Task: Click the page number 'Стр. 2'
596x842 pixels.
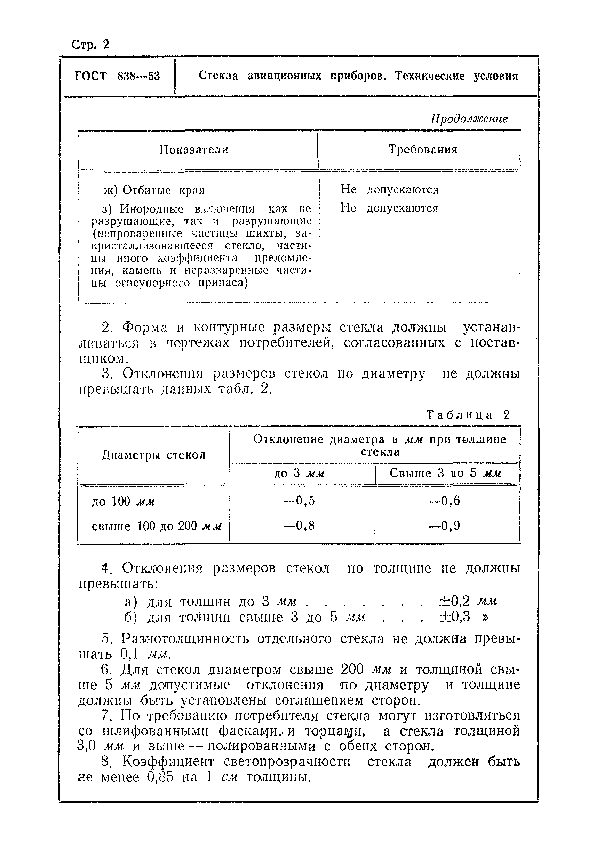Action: point(90,45)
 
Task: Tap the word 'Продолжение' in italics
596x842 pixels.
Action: point(469,119)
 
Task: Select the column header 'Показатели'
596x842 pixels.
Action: point(194,150)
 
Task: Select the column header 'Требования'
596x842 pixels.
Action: point(423,149)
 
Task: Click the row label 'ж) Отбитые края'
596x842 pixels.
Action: point(154,190)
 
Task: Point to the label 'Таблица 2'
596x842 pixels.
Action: point(468,415)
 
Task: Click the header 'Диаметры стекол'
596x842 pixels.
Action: point(153,455)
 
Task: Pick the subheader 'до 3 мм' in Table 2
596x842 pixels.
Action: point(300,474)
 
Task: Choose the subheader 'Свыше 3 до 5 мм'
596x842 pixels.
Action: point(445,473)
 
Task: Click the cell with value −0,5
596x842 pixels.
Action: point(300,501)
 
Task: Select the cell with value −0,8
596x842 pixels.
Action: point(300,526)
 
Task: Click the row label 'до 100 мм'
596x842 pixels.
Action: point(123,501)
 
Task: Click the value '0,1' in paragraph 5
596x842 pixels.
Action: point(129,654)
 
